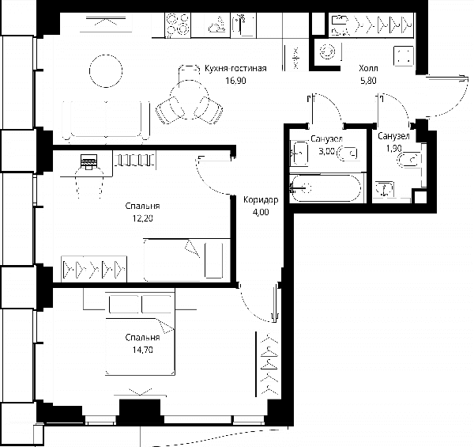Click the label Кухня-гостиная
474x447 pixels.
coord(235,68)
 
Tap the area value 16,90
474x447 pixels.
coord(235,81)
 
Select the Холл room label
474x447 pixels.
coord(368,68)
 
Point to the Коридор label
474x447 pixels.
coord(261,199)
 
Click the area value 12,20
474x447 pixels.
coord(142,218)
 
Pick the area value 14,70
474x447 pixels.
coord(142,350)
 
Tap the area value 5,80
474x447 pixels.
coord(368,81)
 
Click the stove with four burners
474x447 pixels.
coord(178,25)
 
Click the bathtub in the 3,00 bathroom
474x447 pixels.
coord(325,188)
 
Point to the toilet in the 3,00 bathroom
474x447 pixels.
coord(347,153)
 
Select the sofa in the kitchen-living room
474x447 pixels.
coord(106,121)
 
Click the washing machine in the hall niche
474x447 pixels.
coord(328,51)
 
